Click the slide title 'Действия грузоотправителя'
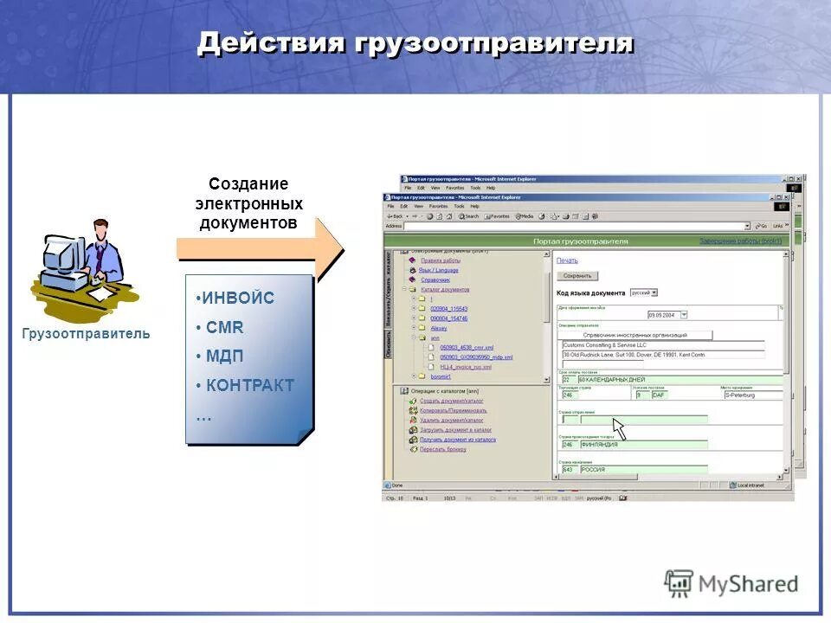[x=415, y=43]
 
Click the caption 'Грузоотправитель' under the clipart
[x=86, y=333]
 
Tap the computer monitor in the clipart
[x=62, y=255]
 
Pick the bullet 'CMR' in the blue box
[x=224, y=328]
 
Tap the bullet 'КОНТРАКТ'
[x=249, y=386]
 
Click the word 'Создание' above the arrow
[x=248, y=184]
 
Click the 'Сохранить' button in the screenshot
[x=577, y=276]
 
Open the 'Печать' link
[x=567, y=260]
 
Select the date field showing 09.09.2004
[x=662, y=315]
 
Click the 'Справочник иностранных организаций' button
[x=635, y=335]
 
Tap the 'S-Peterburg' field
[x=751, y=395]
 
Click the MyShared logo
[x=731, y=584]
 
